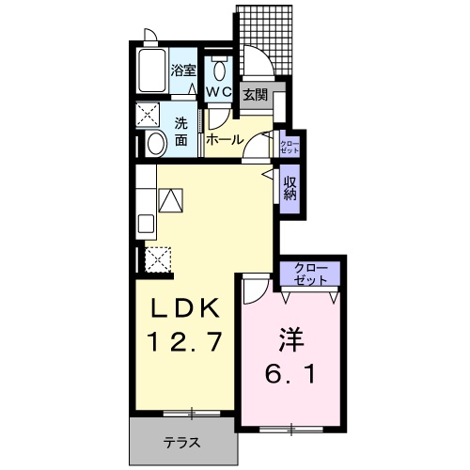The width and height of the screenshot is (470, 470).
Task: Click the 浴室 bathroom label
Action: (x=183, y=70)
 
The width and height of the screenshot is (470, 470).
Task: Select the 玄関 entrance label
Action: (x=254, y=94)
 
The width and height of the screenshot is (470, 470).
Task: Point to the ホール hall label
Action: (x=225, y=139)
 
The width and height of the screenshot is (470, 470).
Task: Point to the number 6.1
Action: (x=287, y=374)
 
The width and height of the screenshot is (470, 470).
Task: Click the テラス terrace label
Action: (x=182, y=442)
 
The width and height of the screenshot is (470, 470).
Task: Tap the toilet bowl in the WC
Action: (x=219, y=70)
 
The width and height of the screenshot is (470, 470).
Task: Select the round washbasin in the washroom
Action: (x=155, y=143)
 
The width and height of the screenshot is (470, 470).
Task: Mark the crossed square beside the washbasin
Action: (x=149, y=116)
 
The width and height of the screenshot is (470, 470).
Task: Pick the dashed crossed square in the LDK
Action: (x=157, y=258)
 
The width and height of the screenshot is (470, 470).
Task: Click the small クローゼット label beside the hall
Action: (x=290, y=147)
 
